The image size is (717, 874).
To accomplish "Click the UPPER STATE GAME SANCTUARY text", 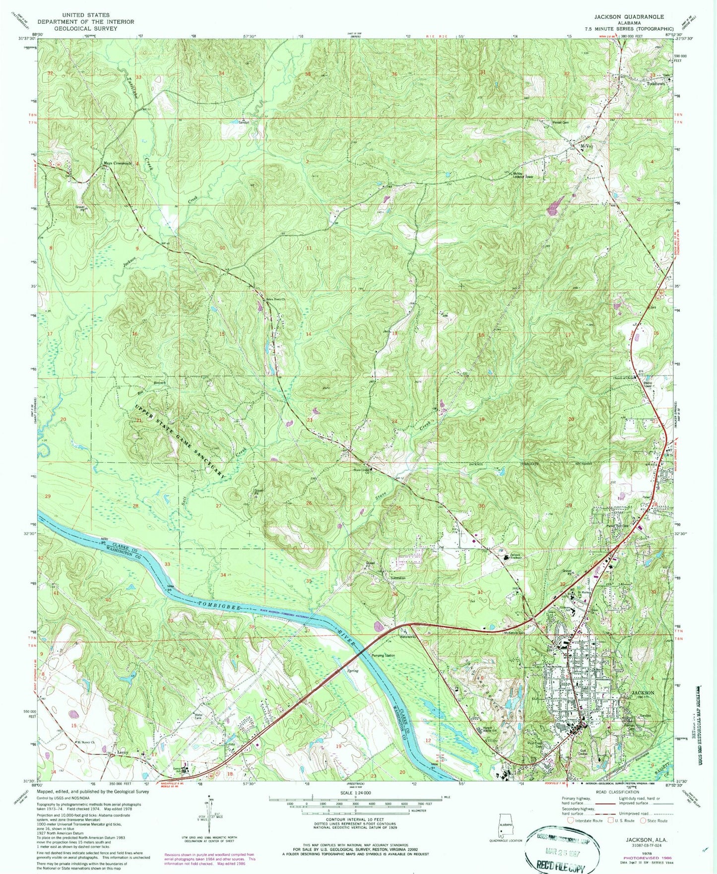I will point(181,441).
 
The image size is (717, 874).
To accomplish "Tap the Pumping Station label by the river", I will point(384,655).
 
